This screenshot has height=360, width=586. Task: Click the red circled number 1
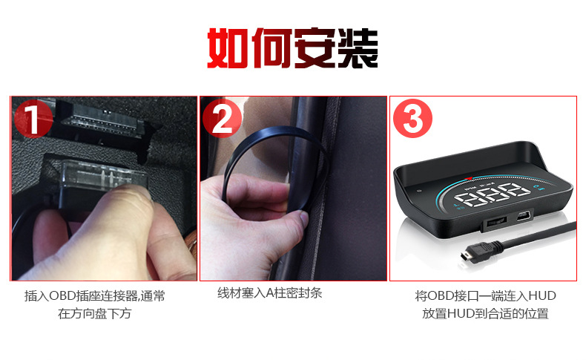point(33,119)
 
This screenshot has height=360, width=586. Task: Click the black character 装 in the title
point(357,49)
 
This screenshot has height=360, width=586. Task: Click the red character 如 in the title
point(228,49)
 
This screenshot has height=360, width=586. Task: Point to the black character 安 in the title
point(314,49)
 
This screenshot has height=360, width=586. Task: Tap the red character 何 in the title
point(271,49)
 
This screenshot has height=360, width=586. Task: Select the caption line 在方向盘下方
point(94,313)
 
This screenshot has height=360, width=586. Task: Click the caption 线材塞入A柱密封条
point(269,293)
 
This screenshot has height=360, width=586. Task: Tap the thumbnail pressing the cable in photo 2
point(300,218)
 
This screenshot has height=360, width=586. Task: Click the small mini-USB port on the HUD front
point(521,217)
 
